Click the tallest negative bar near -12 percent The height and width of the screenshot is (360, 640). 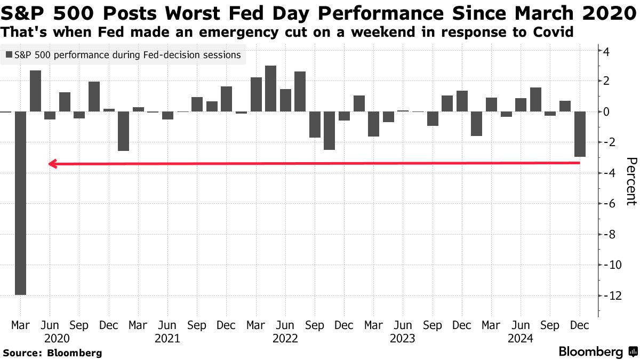tap(21, 203)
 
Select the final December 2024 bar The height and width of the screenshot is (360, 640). tap(580, 134)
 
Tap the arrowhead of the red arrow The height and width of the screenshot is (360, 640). tap(52, 164)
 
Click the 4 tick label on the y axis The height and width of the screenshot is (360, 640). tap(607, 52)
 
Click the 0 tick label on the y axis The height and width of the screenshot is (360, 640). tap(607, 112)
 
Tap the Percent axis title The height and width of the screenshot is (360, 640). tap(631, 181)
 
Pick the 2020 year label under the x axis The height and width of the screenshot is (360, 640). tap(50, 338)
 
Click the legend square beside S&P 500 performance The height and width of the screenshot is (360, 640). tap(9, 55)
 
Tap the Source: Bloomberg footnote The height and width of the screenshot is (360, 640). tap(52, 353)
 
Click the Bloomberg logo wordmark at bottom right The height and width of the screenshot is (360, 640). tap(590, 352)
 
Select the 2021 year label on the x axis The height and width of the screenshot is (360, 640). tap(167, 338)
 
